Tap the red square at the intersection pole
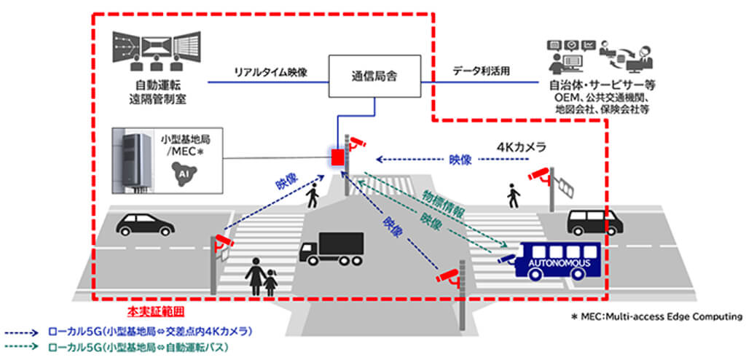pos(337,157)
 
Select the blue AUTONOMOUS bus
pos(559,260)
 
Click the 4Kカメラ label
pos(521,146)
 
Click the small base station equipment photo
pos(132,165)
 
